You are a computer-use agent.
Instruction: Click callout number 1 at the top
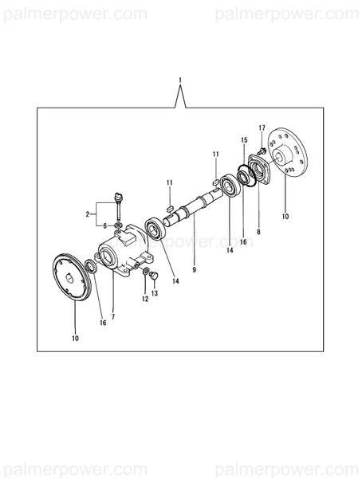(x=181, y=80)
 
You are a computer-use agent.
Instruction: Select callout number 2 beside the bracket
(x=89, y=215)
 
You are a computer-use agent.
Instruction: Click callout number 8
(x=258, y=231)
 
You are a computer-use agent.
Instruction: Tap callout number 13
(x=155, y=293)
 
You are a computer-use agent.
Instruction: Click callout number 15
(x=245, y=140)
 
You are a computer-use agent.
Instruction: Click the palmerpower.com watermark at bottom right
(x=288, y=468)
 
